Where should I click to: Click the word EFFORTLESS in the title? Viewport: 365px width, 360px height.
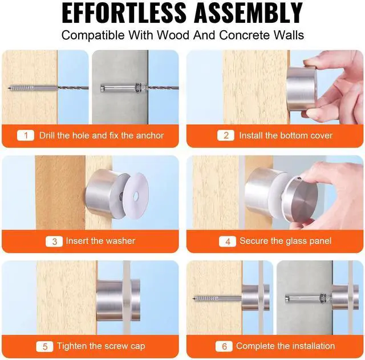click(x=124, y=13)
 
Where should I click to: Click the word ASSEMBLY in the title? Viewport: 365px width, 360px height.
click(x=249, y=13)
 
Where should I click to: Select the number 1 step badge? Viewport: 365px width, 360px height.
click(x=26, y=136)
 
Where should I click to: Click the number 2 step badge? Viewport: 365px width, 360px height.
click(x=226, y=136)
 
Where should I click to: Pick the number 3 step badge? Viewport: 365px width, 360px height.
click(x=54, y=242)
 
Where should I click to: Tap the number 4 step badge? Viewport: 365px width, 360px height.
click(x=228, y=242)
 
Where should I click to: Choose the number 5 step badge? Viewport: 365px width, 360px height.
click(x=44, y=346)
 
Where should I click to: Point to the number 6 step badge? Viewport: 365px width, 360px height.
click(x=224, y=346)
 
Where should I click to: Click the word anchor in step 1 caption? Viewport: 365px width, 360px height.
click(x=150, y=136)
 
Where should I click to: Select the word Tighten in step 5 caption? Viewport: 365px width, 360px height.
click(x=71, y=346)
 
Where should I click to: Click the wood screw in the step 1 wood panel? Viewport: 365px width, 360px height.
click(x=33, y=88)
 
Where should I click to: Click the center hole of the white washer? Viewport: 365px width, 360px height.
click(x=136, y=197)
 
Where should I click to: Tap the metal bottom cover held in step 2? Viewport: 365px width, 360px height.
click(x=302, y=89)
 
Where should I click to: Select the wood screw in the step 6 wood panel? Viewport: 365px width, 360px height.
click(x=217, y=298)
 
